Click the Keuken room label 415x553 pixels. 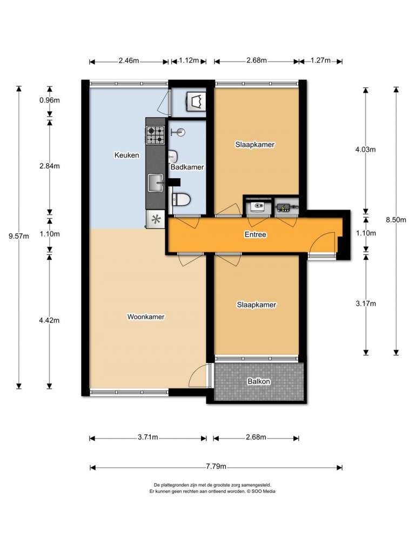tap(126, 155)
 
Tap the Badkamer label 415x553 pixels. tap(187, 167)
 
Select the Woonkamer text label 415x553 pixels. tap(146, 316)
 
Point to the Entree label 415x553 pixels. tap(256, 234)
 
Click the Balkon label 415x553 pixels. tap(259, 381)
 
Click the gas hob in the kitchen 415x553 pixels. tap(155, 136)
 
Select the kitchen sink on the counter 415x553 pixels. tap(156, 183)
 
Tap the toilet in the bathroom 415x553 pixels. tap(181, 200)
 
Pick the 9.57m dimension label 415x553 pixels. tap(19, 237)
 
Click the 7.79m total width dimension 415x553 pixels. tap(216, 467)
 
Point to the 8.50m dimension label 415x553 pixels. tap(396, 220)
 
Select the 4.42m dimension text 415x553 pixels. tap(49, 320)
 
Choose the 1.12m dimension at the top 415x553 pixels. tap(189, 60)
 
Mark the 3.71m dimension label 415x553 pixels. tap(148, 437)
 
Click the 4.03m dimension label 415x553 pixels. tap(366, 150)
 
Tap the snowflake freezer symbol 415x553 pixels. tap(156, 219)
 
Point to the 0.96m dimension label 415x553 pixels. tap(49, 100)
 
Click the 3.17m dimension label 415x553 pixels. tap(366, 304)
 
